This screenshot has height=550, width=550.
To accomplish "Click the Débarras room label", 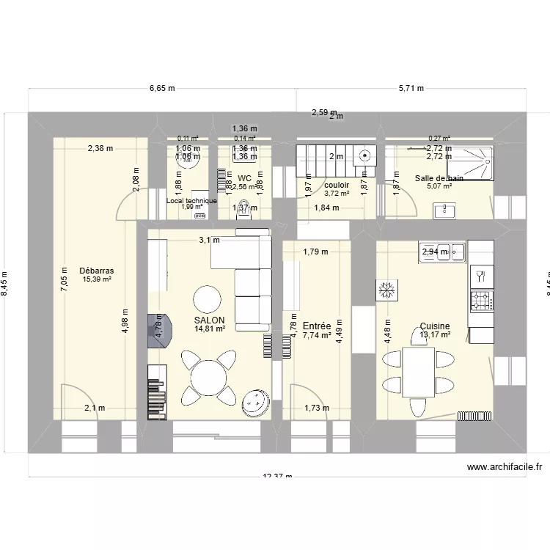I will click(x=97, y=271).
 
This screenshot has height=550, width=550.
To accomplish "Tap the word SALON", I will click(x=209, y=320).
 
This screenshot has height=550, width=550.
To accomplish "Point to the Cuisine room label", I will click(x=435, y=327).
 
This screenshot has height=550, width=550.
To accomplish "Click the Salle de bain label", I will click(x=439, y=178).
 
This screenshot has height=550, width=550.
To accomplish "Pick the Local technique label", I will click(x=191, y=200).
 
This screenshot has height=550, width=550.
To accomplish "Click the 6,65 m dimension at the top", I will click(x=162, y=89).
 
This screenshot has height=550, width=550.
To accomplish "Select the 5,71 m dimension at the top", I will click(x=411, y=89).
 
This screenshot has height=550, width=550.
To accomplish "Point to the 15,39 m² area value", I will click(x=97, y=279).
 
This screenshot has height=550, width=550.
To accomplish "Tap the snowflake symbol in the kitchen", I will click(x=385, y=290).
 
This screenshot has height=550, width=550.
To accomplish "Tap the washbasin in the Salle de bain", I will click(x=444, y=211).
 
